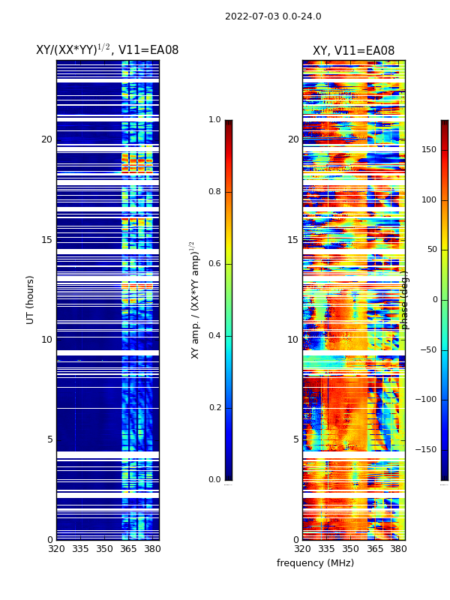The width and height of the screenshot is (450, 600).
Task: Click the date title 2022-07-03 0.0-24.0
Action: [x=273, y=16]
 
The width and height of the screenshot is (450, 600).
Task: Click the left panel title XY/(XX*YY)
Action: [x=107, y=50]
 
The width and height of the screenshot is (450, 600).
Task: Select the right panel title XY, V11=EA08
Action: [x=353, y=51]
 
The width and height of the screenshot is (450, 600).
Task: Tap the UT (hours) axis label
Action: [x=31, y=299]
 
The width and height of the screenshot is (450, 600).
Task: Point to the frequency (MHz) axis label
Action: [x=315, y=563]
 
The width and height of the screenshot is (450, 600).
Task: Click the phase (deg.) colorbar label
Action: [x=405, y=299]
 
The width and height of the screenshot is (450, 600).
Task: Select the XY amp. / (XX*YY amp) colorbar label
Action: [x=195, y=299]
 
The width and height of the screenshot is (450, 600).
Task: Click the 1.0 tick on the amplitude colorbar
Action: [x=214, y=120]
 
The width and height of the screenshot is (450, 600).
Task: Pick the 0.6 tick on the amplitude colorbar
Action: [x=214, y=264]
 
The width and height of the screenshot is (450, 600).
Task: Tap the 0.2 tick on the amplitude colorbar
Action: [x=214, y=408]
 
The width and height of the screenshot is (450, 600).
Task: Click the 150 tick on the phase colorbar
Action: [x=428, y=150]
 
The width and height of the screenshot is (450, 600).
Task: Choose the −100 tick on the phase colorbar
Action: [x=427, y=400]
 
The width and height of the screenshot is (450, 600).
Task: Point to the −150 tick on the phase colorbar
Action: [x=427, y=450]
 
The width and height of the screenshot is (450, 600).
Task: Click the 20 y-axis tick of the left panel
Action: [x=46, y=139]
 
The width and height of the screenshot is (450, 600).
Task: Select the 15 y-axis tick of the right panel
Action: [x=292, y=240]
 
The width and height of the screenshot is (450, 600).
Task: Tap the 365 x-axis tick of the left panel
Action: [x=128, y=549]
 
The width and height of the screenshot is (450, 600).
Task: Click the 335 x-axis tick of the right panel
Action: [x=326, y=549]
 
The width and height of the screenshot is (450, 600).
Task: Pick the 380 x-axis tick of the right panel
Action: [x=398, y=549]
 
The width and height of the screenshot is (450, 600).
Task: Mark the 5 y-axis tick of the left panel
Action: [x=49, y=439]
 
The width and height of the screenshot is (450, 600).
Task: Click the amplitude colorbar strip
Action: [x=228, y=300]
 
